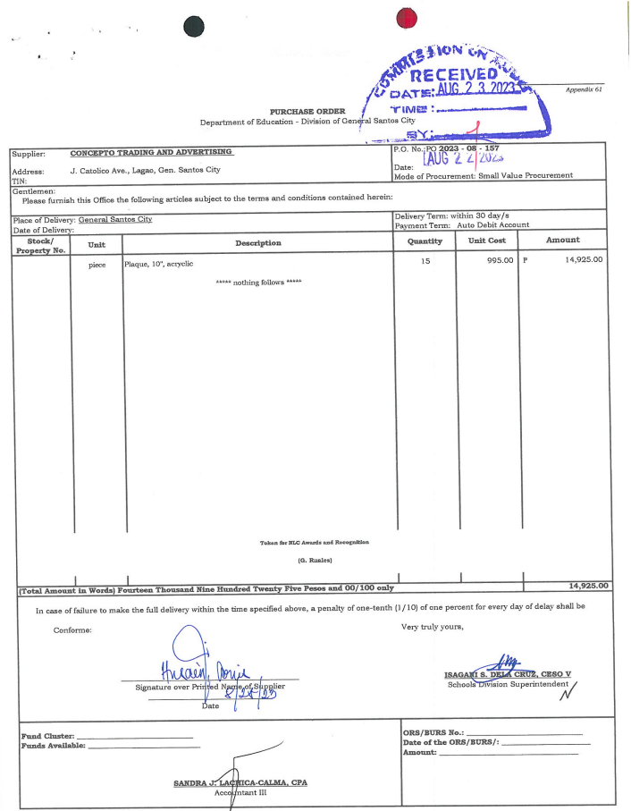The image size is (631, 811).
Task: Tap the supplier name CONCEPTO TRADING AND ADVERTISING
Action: [x=151, y=153]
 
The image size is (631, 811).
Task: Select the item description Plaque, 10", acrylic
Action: [x=159, y=264]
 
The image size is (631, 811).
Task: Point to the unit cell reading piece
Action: [x=97, y=265]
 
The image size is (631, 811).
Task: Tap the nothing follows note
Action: [x=258, y=282]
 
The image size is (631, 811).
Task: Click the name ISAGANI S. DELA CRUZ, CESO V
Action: [x=507, y=673]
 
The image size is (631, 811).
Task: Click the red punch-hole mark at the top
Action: [x=407, y=18]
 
